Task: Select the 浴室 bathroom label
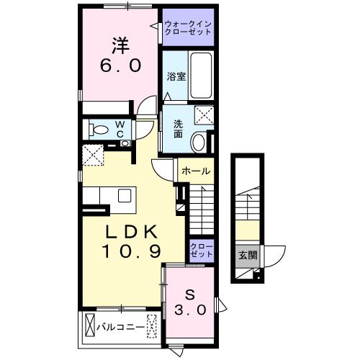pos(176,76)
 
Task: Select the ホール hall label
pos(195,171)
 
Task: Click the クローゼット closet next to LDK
pos(202,251)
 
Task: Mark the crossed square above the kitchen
pos(91,153)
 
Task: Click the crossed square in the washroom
pos(204,114)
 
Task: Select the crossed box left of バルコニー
pos(90,325)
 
